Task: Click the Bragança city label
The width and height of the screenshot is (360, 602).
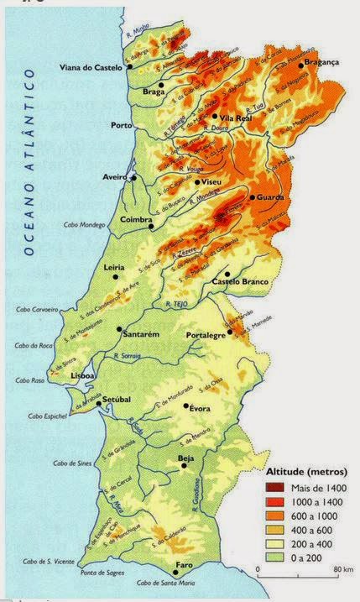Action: click(x=321, y=62)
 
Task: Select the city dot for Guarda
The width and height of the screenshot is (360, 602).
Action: click(x=252, y=197)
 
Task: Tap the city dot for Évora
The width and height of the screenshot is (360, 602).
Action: click(x=186, y=406)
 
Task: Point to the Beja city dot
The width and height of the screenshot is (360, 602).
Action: click(x=181, y=469)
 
